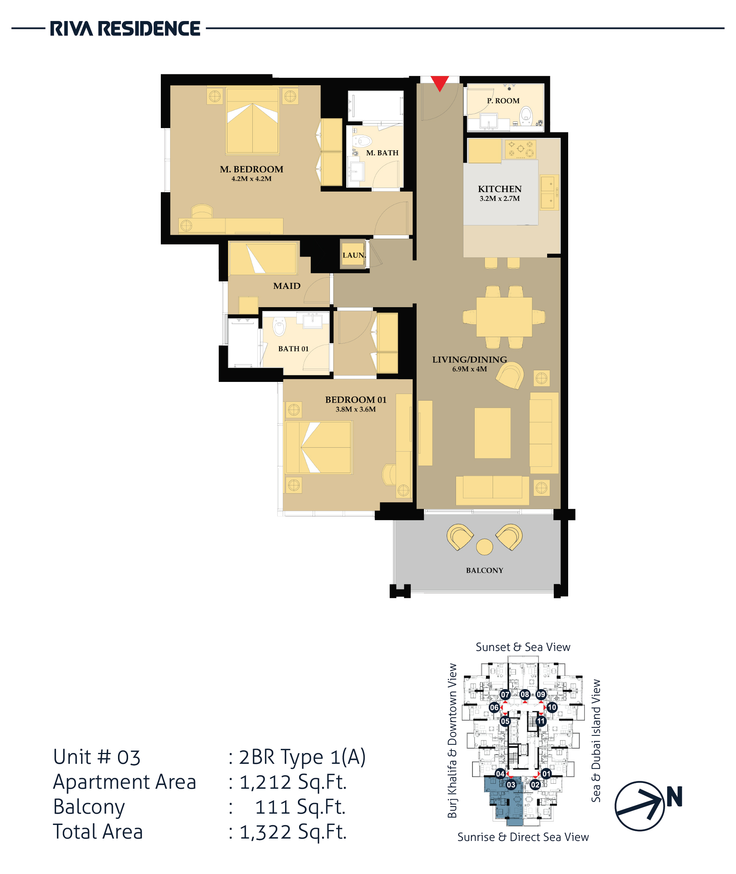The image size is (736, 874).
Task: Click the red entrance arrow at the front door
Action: tap(439, 82)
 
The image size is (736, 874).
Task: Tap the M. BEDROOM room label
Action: tap(252, 169)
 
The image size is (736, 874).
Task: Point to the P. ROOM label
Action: tap(503, 101)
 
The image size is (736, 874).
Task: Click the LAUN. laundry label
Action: tap(354, 255)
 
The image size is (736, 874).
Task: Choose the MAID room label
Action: tap(287, 286)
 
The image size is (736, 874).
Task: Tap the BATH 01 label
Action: tap(293, 349)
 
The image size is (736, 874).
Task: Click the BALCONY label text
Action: tap(484, 570)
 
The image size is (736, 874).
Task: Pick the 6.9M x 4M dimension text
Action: tap(469, 369)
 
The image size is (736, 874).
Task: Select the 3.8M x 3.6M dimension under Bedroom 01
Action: tap(356, 409)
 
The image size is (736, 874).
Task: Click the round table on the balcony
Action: tap(484, 547)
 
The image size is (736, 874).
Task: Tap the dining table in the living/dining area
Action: tap(504, 317)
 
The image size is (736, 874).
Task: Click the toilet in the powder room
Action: tap(526, 115)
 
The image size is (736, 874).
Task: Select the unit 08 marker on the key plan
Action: tap(525, 694)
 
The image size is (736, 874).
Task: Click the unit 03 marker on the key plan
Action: tap(511, 785)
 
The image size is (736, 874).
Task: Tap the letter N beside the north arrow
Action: tap(674, 797)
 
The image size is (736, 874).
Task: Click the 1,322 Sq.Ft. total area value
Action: tap(293, 832)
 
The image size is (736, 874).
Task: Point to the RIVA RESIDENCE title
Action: tap(125, 29)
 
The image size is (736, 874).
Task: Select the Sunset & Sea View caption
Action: tap(523, 647)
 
